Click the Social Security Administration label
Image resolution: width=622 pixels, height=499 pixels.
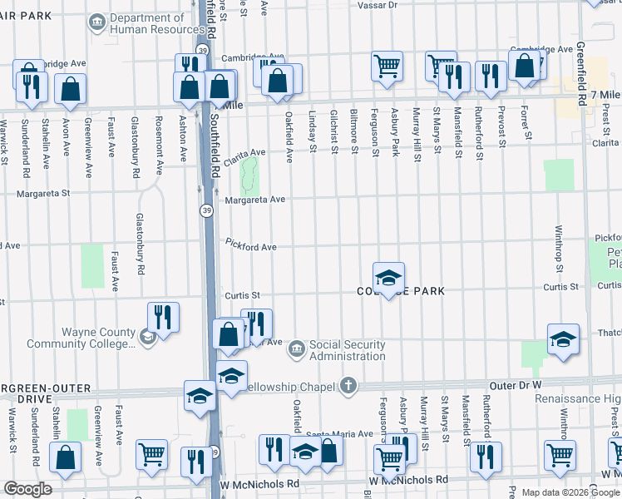click(347, 350)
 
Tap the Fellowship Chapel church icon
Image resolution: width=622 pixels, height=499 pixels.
click(349, 386)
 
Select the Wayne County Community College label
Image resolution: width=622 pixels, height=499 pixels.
click(80, 338)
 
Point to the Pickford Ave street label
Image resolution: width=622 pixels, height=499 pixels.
click(250, 247)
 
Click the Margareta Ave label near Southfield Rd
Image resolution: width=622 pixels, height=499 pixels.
click(254, 200)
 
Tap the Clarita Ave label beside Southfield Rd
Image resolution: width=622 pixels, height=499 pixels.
click(244, 153)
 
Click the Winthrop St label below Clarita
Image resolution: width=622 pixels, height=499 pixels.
click(560, 242)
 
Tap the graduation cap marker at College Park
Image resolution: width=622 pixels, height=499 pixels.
click(388, 279)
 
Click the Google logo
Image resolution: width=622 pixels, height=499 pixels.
click(27, 489)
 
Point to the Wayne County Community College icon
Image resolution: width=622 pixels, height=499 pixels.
click(146, 335)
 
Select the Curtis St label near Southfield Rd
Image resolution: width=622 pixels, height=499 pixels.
click(242, 295)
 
